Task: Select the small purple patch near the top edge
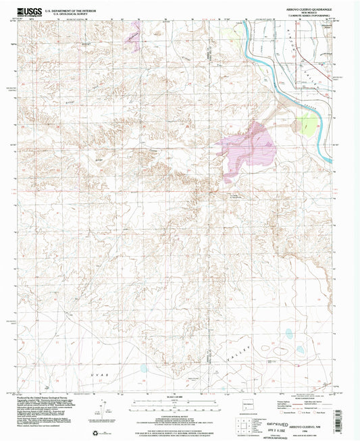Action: coord(136,33)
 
